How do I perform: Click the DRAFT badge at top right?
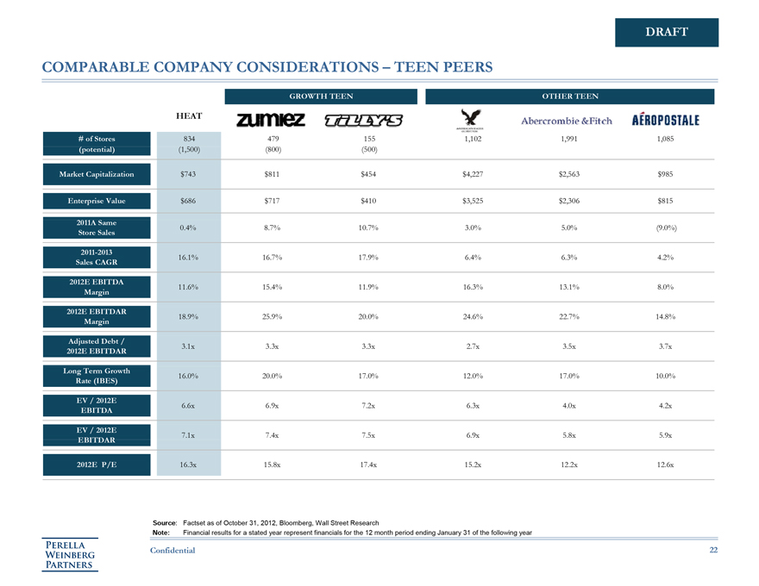coord(667,32)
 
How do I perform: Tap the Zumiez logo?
coord(270,120)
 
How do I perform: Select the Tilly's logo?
coord(369,120)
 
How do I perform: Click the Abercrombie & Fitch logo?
coord(567,121)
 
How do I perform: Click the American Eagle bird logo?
coord(470,119)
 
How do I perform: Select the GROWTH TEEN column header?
coord(320,97)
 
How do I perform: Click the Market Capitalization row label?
coord(97,174)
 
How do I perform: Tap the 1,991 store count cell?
coord(568,138)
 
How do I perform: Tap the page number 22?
coord(712,550)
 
